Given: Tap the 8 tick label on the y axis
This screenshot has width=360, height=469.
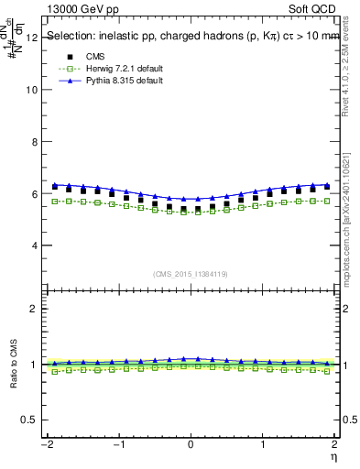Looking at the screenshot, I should (35, 143).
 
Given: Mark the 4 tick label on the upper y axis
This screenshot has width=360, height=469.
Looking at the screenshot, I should (35, 246).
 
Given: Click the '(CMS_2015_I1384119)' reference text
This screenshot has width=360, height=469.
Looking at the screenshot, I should (190, 274).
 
